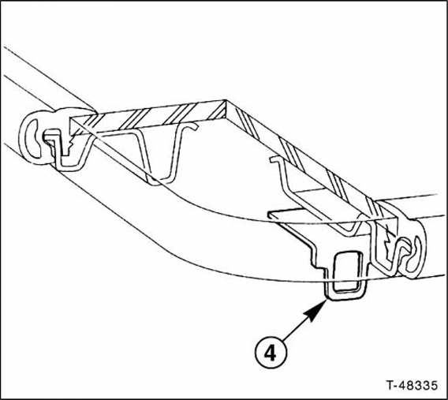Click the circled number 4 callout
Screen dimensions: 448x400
coord(271,353)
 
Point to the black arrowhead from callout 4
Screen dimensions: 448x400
coord(316,310)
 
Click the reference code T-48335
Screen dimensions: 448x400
coord(412,385)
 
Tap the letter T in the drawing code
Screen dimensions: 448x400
coord(390,385)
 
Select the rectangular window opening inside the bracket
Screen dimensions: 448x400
coord(348,271)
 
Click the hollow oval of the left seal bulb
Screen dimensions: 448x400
coord(32,138)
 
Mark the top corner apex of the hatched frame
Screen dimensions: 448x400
coord(226,100)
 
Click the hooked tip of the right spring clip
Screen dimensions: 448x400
coord(274,159)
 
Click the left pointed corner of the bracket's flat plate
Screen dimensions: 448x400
coord(269,215)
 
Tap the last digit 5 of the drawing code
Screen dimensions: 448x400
coord(434,385)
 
